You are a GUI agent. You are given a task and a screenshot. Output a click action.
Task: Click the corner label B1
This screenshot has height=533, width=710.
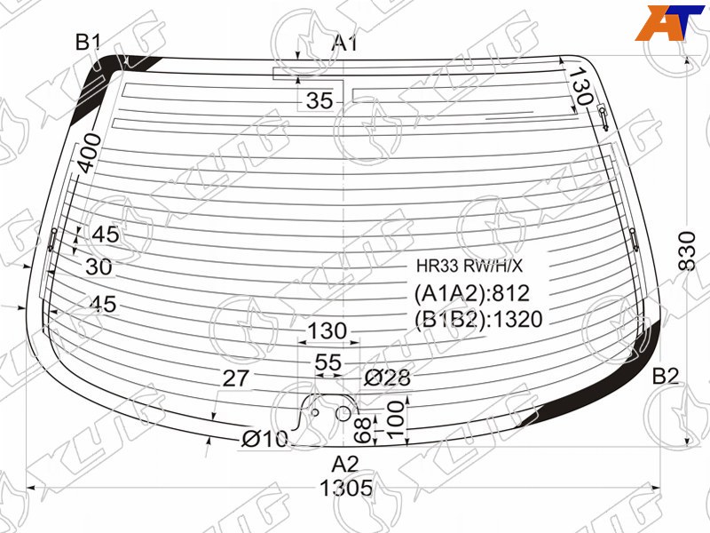pos(89,43)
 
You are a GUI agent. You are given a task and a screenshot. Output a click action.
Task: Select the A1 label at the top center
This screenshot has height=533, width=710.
pos(344,43)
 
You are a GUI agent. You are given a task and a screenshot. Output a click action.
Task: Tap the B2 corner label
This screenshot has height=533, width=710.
pos(665,376)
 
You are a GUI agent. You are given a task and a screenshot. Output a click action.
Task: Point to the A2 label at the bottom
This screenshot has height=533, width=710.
pos(345,464)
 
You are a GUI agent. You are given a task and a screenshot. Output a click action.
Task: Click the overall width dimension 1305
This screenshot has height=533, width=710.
pos(346,488)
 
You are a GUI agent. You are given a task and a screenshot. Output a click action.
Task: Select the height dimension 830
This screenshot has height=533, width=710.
pos(686,251)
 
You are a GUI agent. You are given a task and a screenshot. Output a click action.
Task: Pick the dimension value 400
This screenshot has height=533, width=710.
pos(90,153)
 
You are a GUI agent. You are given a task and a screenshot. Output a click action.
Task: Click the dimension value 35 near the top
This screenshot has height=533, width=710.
pos(319,100)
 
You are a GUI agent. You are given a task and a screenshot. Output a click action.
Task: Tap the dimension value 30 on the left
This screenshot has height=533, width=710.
pos(99,267)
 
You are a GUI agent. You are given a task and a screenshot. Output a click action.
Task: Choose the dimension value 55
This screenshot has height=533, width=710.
pos(327,362)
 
